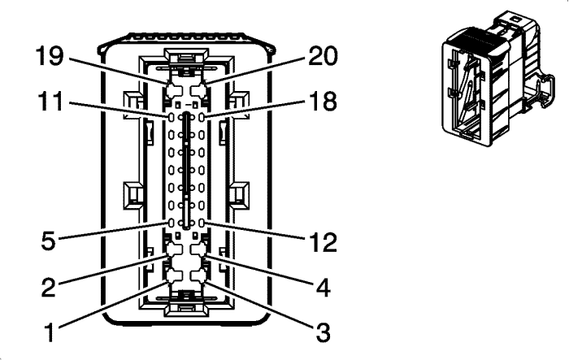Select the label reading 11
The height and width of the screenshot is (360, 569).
pos(50,101)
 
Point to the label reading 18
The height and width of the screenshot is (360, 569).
pos(323,101)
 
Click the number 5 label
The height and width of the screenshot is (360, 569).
pos(49,240)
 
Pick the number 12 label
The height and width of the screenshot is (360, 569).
pos(323,242)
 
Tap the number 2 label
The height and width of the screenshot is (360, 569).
pos(49,287)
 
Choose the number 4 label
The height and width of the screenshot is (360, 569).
pos(323,287)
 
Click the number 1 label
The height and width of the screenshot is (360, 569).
pos(50,332)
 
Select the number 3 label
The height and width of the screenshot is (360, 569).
pos(323,332)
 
